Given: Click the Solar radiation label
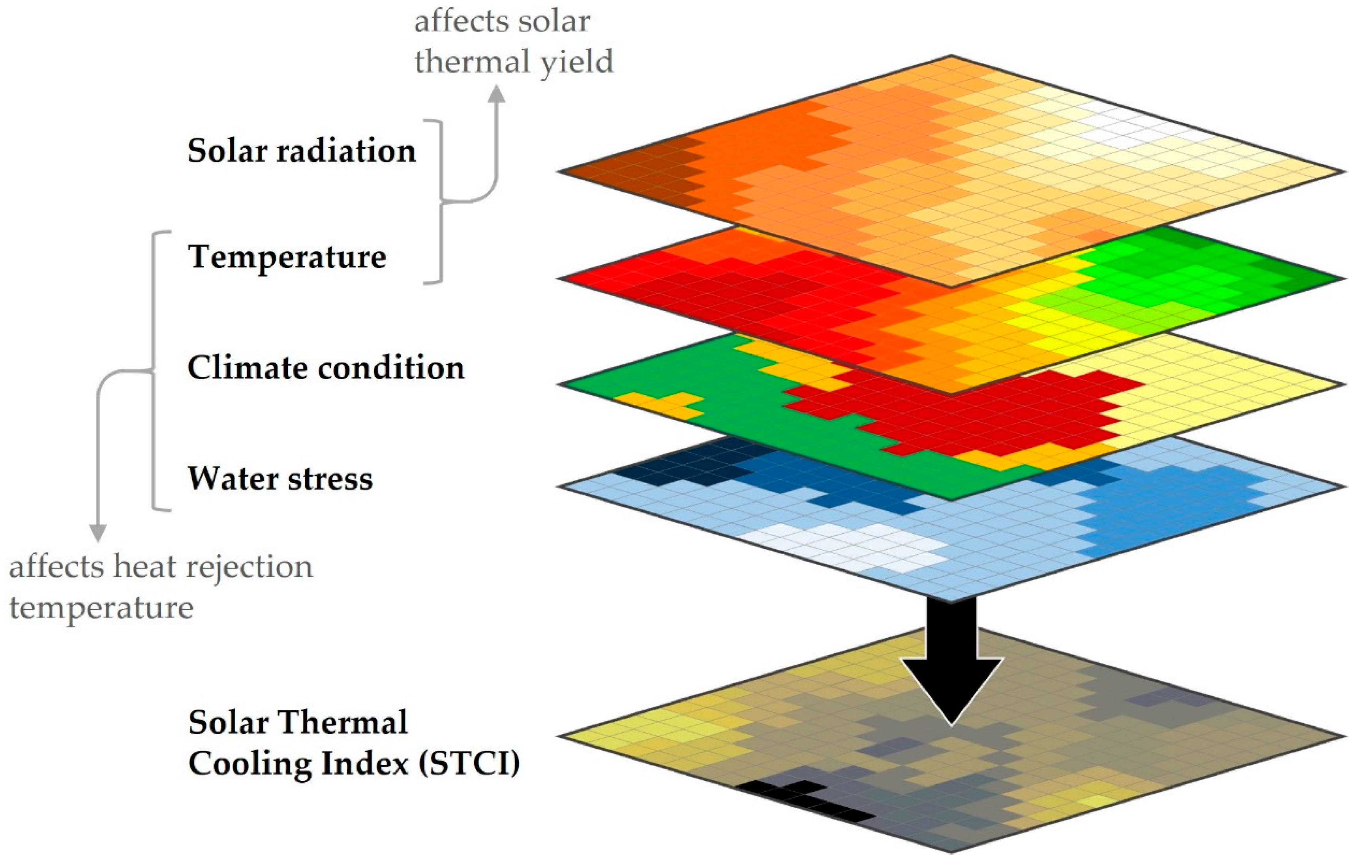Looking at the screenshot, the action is click(301, 151).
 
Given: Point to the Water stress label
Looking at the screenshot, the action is click(280, 479).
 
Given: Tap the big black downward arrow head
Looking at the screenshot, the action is click(951, 691).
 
